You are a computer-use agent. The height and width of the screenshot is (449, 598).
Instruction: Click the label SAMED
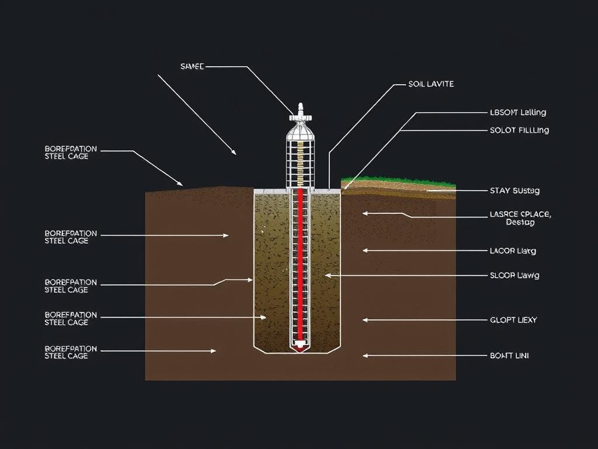click(192, 67)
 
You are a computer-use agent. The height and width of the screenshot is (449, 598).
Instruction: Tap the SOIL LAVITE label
click(431, 84)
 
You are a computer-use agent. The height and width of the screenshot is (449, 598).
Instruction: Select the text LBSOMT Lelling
click(519, 112)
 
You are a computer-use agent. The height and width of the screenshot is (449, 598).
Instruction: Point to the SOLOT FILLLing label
click(520, 130)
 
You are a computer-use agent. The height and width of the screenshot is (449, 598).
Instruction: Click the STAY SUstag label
click(514, 191)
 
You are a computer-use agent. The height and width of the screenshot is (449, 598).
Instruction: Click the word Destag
click(520, 223)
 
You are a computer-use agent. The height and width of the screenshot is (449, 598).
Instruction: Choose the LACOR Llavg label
click(513, 251)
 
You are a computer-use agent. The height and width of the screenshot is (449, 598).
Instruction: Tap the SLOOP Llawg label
click(514, 275)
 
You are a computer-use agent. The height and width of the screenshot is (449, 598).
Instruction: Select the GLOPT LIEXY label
click(513, 320)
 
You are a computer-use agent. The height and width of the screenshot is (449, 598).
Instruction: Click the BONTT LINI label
click(509, 355)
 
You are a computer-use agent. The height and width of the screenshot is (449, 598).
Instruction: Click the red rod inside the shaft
click(301, 263)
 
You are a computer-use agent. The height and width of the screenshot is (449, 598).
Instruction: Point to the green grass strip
click(397, 181)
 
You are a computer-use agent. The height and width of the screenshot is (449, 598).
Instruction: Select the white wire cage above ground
click(300, 155)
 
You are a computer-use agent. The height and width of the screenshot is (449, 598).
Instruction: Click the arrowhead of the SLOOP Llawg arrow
click(328, 275)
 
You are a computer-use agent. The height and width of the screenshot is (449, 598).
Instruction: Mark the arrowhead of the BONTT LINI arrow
click(365, 355)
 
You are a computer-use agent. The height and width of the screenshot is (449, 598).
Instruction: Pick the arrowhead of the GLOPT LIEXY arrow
click(365, 320)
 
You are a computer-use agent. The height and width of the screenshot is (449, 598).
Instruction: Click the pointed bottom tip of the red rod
click(300, 347)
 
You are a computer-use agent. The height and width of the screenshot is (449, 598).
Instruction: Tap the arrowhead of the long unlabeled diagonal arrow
click(234, 153)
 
